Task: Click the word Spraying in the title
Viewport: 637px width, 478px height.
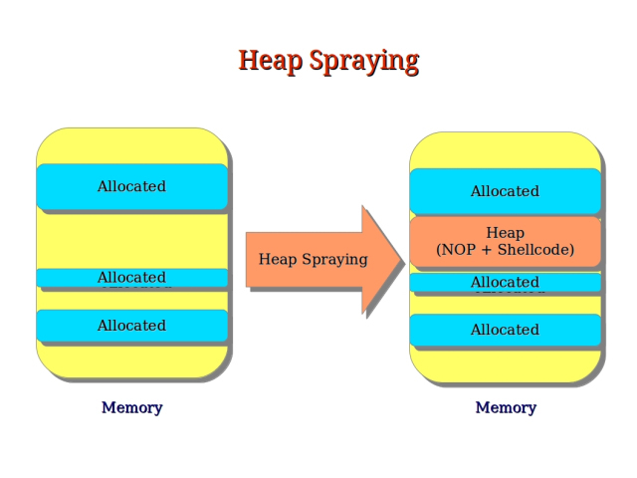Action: (363, 62)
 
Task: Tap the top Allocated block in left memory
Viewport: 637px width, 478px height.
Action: (131, 186)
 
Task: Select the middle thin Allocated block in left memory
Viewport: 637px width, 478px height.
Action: (131, 278)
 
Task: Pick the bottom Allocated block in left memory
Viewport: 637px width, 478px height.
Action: (131, 326)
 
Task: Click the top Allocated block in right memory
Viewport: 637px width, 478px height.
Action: (505, 191)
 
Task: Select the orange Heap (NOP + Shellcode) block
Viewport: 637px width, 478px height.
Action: (505, 241)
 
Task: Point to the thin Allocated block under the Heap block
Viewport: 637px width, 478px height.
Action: (505, 283)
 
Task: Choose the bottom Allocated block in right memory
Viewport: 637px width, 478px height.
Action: (505, 330)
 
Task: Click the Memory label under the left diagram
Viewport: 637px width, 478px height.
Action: (131, 407)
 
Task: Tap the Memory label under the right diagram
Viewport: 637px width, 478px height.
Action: (506, 407)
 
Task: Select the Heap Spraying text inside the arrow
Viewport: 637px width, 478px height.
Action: (313, 259)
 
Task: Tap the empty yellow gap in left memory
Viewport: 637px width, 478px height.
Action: (131, 239)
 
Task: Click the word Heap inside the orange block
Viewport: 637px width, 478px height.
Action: (505, 233)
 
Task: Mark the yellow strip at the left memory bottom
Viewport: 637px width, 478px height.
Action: (131, 360)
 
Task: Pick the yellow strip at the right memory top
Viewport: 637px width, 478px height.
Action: (505, 150)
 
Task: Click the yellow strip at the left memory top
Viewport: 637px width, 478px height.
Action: (131, 145)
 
